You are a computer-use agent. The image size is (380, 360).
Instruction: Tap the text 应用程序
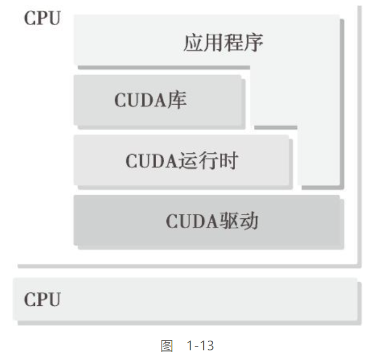(224, 43)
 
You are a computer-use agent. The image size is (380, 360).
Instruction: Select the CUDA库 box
(159, 101)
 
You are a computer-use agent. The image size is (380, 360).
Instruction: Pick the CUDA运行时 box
(182, 160)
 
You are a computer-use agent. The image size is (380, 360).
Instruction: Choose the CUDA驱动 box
(208, 221)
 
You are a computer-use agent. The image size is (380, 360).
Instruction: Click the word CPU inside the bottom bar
(42, 299)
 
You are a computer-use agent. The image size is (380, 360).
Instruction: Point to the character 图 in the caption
(167, 346)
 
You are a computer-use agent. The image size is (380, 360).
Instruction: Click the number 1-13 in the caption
(201, 346)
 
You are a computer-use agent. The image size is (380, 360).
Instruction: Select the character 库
(178, 100)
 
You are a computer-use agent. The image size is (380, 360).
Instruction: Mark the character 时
(228, 160)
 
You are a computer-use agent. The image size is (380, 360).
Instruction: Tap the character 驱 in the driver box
(228, 221)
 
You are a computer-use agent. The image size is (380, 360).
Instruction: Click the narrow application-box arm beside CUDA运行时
(319, 156)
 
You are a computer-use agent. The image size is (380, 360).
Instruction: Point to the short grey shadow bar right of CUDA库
(275, 128)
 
